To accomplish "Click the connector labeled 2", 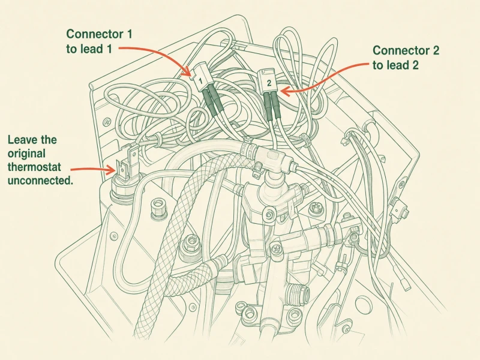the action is pyautogui.click(x=268, y=81).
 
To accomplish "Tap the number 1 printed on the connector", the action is pyautogui.click(x=200, y=81).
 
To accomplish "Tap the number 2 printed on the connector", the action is pyautogui.click(x=269, y=83).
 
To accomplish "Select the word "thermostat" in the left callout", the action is pyautogui.click(x=34, y=167).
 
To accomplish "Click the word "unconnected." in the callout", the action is pyautogui.click(x=40, y=181).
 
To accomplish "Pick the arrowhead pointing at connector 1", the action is pyautogui.click(x=187, y=71).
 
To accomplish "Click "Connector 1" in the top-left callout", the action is pyautogui.click(x=100, y=34).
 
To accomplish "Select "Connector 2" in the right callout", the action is pyautogui.click(x=406, y=50).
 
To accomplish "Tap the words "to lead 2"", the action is pyautogui.click(x=395, y=65).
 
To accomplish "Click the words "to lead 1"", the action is pyautogui.click(x=89, y=49).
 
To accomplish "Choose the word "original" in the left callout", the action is pyautogui.click(x=26, y=154).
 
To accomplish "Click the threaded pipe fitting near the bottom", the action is pyautogui.click(x=297, y=293).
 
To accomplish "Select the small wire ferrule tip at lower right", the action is pyautogui.click(x=406, y=284).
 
